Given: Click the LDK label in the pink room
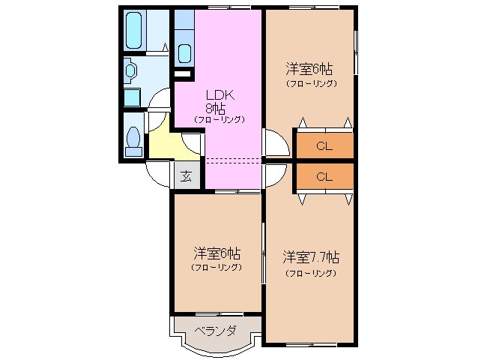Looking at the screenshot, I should [x=220, y=95].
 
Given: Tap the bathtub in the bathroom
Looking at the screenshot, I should [x=133, y=29].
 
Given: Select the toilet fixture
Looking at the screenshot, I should [x=133, y=140].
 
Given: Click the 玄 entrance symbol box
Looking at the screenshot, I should [x=184, y=177].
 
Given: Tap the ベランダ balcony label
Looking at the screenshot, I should [x=216, y=330].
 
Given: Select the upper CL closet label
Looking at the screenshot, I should [x=324, y=145].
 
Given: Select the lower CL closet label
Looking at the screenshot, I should [x=324, y=177].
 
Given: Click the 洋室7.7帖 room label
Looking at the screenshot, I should [x=311, y=256].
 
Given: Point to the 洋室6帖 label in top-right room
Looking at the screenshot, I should [x=309, y=70].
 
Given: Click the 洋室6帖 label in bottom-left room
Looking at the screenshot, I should [x=217, y=253].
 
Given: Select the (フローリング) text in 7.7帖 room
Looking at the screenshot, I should [x=311, y=273].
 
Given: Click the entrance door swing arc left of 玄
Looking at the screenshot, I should [x=159, y=175].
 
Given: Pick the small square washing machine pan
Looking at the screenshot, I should [x=131, y=96].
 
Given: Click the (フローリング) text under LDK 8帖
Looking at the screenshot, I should [x=220, y=119].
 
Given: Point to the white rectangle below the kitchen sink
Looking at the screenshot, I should [x=181, y=73].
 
